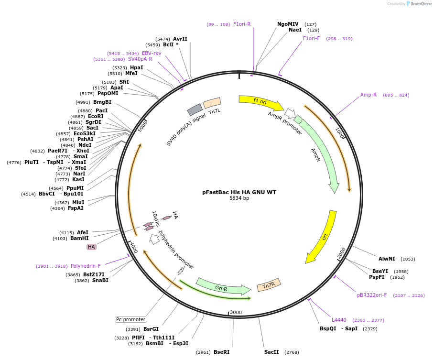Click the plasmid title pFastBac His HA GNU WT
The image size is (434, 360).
pos(239,192)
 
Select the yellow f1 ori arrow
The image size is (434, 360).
pos(260,101)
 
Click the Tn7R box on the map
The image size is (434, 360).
pos(269,285)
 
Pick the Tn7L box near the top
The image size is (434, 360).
pos(212,103)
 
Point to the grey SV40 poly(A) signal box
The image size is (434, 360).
pos(195,109)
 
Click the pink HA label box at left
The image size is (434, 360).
pos(91,247)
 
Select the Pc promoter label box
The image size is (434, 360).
pos(131,319)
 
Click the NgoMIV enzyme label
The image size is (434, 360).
pos(288,24)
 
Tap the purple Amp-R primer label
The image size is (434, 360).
pos(369,95)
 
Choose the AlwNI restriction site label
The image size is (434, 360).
pos(387,259)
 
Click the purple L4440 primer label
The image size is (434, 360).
pos(339,320)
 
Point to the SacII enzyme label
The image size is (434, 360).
pos(271,352)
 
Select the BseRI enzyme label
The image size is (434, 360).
pos(221,352)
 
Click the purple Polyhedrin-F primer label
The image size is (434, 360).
pos(86,266)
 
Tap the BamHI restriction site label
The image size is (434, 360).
pos(79,238)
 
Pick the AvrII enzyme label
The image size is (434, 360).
pos(180,39)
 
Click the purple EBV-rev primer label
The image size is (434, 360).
pos(152,53)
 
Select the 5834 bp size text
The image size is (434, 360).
pos(239,198)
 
